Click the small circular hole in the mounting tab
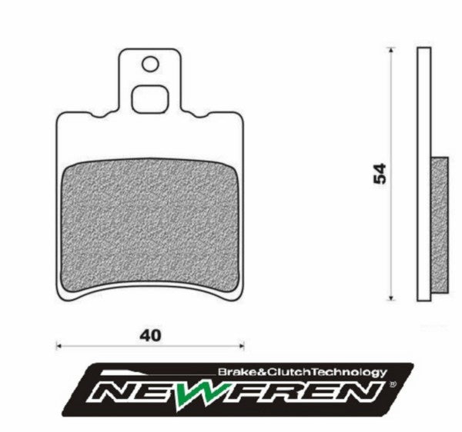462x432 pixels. point(150,65)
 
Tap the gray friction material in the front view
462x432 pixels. point(150,227)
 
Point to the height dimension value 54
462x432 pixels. point(379,173)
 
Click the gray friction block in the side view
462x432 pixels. point(438,227)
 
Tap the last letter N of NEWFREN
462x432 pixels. point(365,393)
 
